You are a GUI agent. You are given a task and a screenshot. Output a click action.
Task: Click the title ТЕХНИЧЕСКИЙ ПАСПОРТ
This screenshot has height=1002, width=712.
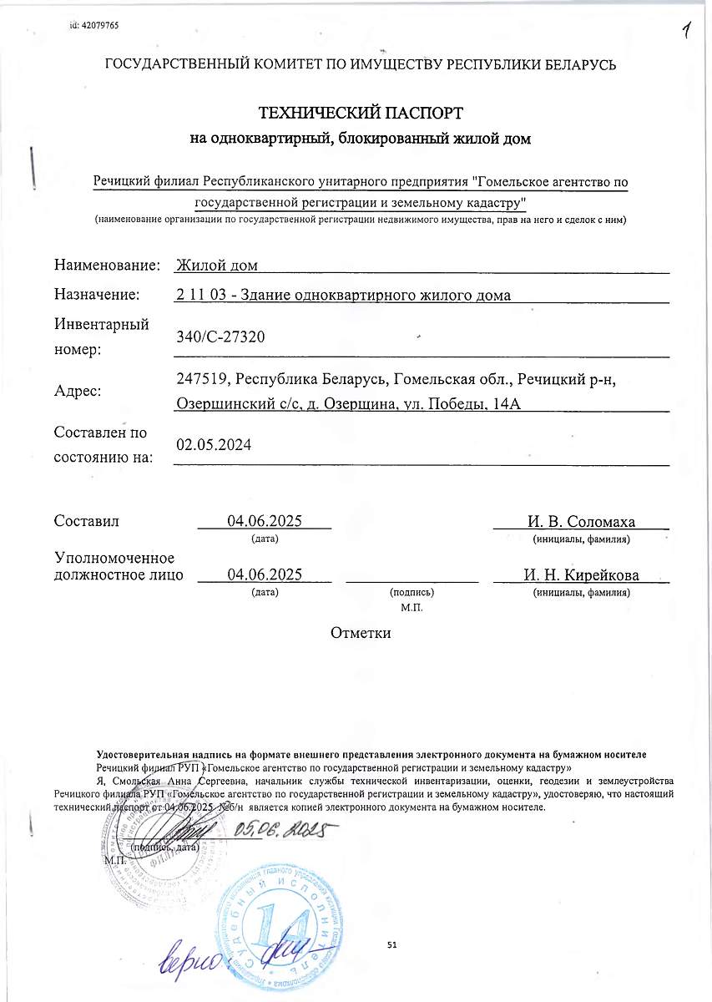(361, 112)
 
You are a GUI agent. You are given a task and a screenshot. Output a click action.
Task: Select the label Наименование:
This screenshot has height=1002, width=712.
(107, 266)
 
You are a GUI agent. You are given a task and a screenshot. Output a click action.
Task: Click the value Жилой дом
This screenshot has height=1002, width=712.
(217, 266)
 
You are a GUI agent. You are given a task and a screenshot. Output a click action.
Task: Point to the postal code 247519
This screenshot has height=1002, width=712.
(202, 378)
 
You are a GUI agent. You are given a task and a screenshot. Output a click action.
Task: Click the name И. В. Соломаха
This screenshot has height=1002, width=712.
(581, 522)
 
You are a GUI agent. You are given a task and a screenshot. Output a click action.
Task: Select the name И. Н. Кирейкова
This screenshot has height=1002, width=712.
(581, 574)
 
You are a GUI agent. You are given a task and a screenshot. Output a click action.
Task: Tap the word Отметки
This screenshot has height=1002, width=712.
(361, 632)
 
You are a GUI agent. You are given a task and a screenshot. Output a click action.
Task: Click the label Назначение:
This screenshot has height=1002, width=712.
(97, 294)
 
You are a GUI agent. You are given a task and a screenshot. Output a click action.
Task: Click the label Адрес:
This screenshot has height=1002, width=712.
(78, 391)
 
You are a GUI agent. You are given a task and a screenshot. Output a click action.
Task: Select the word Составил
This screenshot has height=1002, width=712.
(87, 522)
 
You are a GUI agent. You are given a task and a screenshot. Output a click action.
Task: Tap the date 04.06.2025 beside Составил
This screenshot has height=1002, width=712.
(264, 522)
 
